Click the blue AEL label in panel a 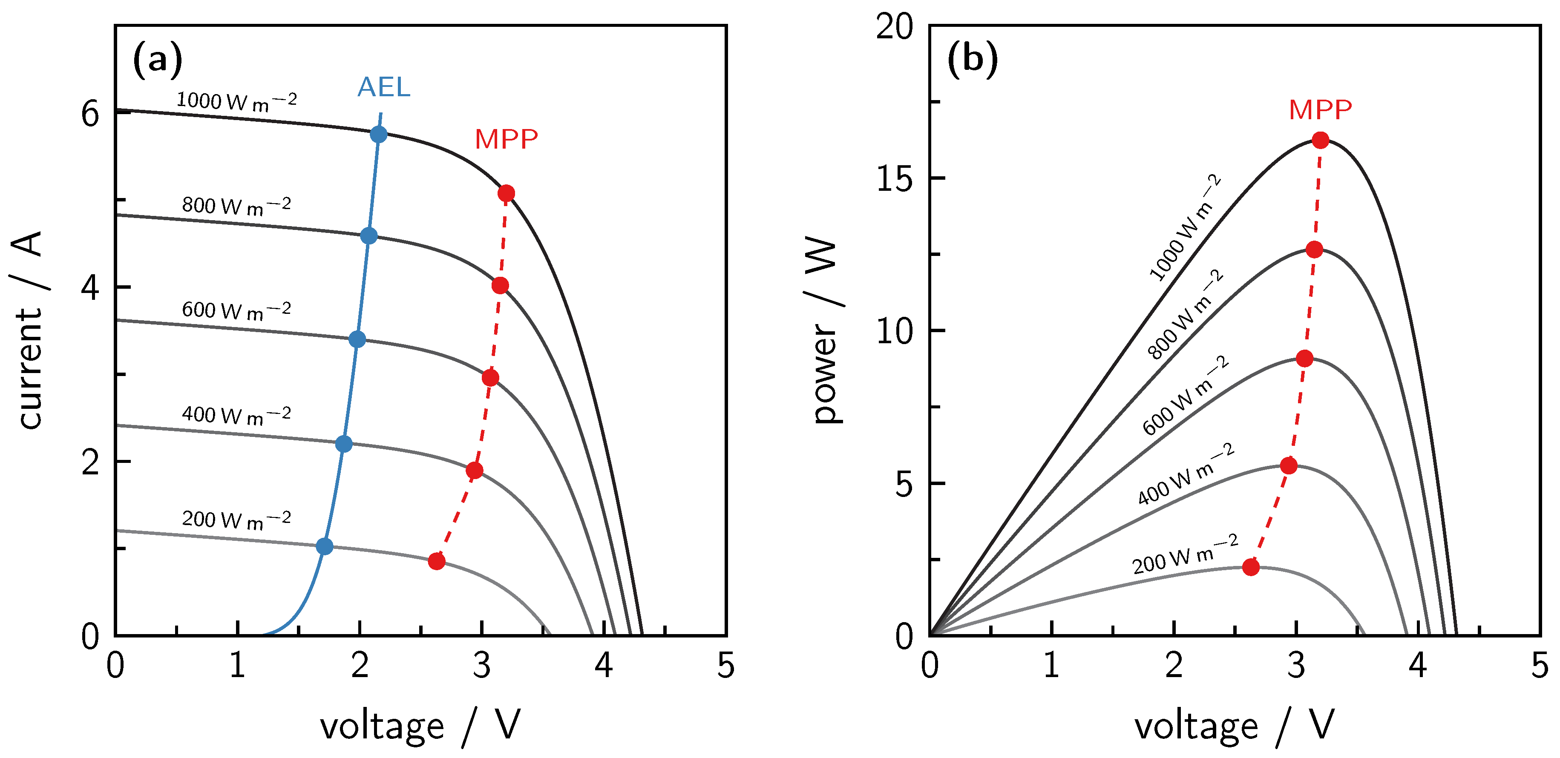point(384,88)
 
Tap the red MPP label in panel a point(506,140)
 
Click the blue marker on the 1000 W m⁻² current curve point(378,135)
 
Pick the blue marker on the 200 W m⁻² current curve point(325,547)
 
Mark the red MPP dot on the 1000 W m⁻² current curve point(506,194)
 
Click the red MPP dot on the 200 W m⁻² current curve point(437,561)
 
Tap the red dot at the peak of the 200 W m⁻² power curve point(1251,567)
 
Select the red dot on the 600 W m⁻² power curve point(1304,359)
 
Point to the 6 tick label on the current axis point(90,114)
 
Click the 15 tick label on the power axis point(894,178)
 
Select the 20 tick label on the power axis point(894,27)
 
